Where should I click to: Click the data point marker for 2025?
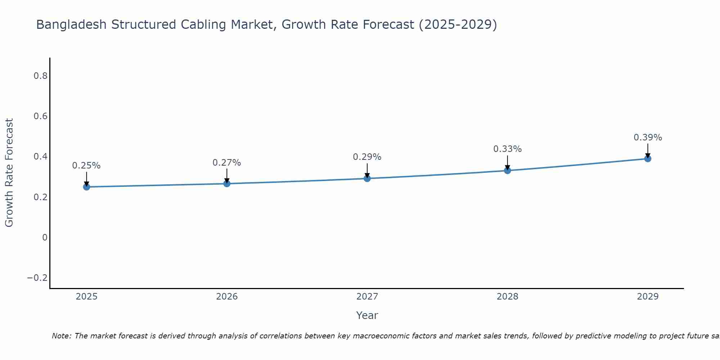pos(86,187)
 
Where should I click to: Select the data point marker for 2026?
pos(227,184)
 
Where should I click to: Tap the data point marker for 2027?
pos(367,178)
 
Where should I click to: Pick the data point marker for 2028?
pos(507,170)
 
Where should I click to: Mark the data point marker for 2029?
pos(648,158)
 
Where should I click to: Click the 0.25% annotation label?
pos(86,166)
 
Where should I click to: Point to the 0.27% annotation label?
pos(227,163)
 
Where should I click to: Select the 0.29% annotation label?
pos(367,157)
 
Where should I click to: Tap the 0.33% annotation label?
pos(507,149)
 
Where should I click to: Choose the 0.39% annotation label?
pos(648,138)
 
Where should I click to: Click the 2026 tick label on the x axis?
pos(227,297)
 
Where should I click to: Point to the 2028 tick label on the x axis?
pos(507,297)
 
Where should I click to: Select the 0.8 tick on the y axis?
pos(40,76)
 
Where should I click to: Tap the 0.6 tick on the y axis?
pos(40,116)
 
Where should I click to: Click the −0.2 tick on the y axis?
pos(37,278)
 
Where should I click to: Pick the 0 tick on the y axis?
pos(45,238)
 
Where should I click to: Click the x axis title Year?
pos(367,316)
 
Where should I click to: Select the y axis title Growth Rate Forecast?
pos(9,173)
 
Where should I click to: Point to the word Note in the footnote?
pos(61,336)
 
